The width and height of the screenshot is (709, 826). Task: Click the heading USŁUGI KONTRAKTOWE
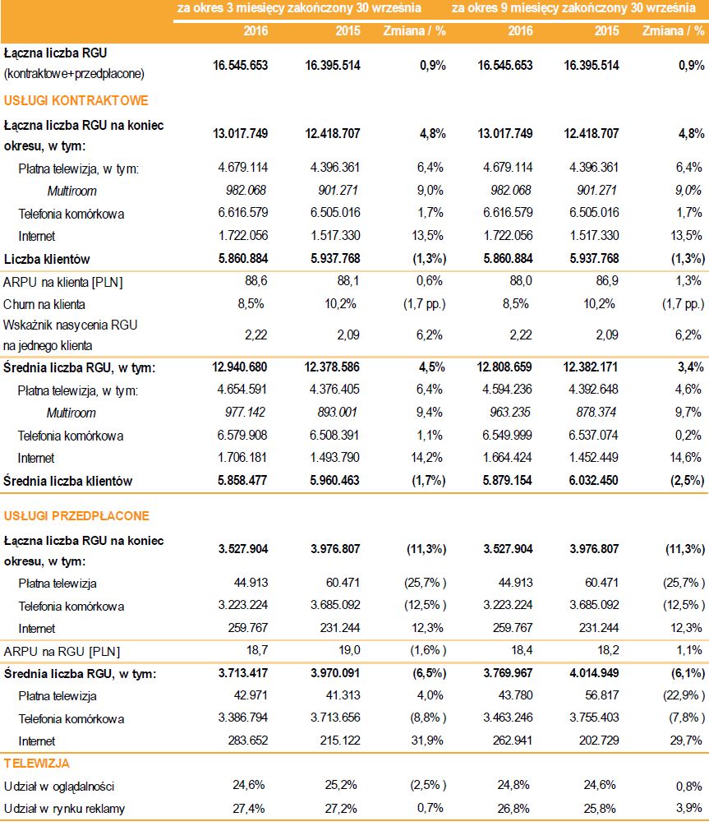[76, 100]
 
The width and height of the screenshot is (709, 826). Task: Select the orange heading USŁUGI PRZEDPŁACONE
[76, 516]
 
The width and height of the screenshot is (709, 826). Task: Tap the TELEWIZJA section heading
[37, 764]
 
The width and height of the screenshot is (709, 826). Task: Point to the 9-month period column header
[572, 8]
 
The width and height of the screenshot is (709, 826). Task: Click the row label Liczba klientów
[47, 259]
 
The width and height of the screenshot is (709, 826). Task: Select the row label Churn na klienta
[44, 302]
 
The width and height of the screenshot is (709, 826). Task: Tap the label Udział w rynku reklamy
[65, 809]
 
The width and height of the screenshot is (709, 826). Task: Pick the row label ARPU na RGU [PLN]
[62, 652]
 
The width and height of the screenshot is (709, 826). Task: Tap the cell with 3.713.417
[239, 674]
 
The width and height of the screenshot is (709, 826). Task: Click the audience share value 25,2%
[345, 786]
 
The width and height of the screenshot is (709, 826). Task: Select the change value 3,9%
[688, 809]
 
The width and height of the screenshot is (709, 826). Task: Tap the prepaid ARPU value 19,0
[348, 652]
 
